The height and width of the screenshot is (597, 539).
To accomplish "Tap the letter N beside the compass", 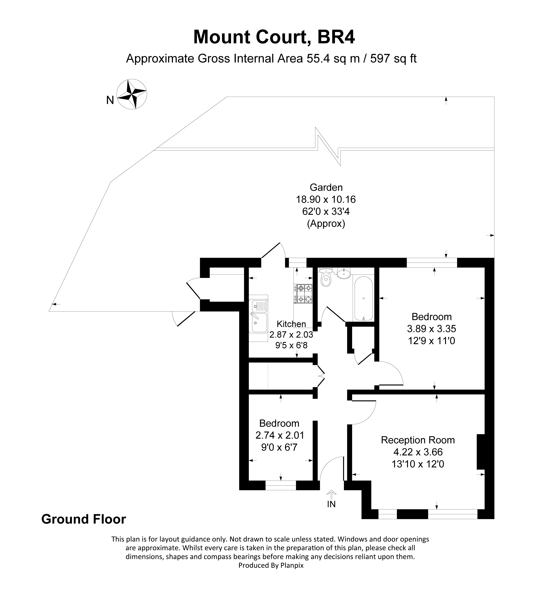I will pos(110,101).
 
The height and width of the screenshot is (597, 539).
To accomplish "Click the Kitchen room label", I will pos(291,324).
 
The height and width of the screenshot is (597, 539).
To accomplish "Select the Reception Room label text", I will pos(418,440).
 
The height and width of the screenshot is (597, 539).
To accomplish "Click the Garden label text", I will pos(326,187).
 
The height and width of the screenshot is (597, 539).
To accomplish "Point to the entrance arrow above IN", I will pos(331,494).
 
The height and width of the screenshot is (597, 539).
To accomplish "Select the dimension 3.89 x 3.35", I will pos(432,329).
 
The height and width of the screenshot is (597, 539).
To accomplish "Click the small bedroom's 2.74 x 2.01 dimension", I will pos(280,435).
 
